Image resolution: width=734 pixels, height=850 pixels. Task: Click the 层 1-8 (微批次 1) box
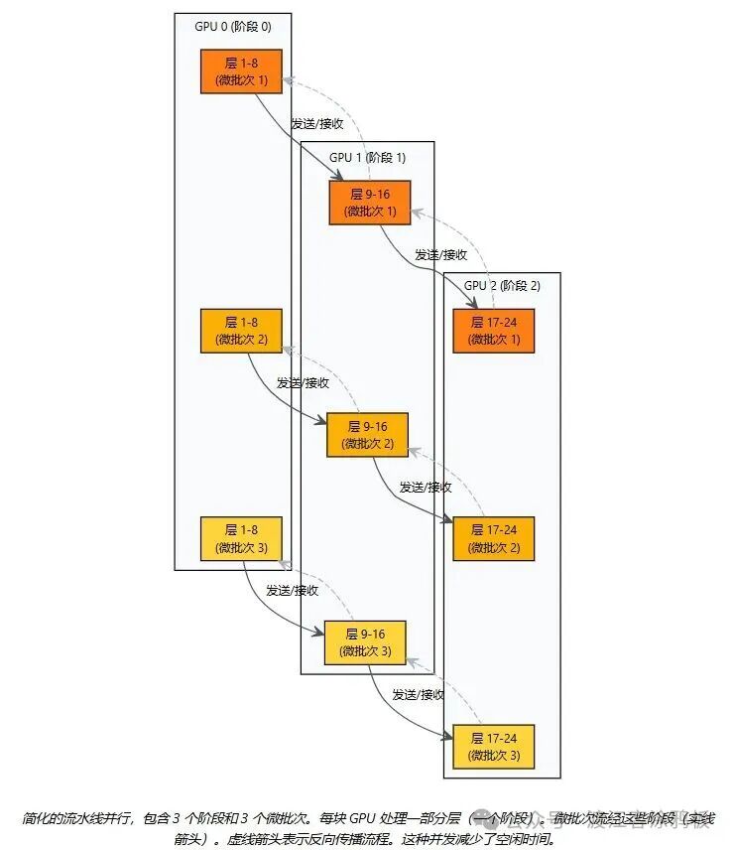(241, 71)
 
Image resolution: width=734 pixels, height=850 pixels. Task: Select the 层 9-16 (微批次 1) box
(370, 202)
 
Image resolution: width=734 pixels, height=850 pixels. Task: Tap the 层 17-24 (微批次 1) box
(493, 331)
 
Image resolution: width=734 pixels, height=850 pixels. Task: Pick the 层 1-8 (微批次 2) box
(241, 331)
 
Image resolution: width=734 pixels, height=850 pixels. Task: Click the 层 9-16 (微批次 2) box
(367, 435)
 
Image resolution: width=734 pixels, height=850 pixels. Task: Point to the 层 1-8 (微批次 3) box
(241, 539)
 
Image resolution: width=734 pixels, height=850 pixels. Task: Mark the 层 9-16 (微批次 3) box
(365, 642)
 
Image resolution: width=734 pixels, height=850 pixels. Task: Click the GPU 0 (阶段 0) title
(232, 26)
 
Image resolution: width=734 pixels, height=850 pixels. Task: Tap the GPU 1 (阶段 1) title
(367, 157)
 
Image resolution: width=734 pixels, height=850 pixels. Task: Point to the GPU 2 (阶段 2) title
(502, 286)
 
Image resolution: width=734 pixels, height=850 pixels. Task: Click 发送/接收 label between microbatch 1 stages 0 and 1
(316, 124)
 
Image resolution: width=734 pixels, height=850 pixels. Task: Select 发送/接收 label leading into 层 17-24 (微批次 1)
(441, 254)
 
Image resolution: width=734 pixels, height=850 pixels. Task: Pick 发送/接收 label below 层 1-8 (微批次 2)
(303, 382)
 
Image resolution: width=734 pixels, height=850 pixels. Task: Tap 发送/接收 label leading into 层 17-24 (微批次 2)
(426, 488)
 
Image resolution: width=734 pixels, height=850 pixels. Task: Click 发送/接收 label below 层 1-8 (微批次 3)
(292, 591)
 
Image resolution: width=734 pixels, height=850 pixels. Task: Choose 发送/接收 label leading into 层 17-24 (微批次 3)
(418, 695)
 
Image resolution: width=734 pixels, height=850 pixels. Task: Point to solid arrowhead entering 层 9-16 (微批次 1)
(351, 179)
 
